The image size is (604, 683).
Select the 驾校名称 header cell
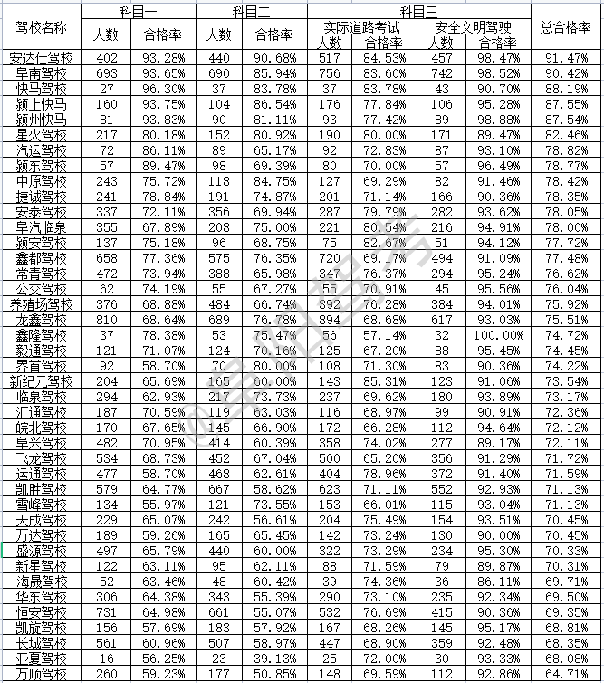41,27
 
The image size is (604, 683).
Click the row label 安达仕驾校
41,59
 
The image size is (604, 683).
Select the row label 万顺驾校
41,674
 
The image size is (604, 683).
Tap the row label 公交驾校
41,290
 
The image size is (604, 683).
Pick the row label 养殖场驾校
41,305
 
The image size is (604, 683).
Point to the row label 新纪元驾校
41,382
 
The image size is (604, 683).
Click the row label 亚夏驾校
41,659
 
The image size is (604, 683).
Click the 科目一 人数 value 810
106,321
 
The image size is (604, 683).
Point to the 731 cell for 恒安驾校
106,612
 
